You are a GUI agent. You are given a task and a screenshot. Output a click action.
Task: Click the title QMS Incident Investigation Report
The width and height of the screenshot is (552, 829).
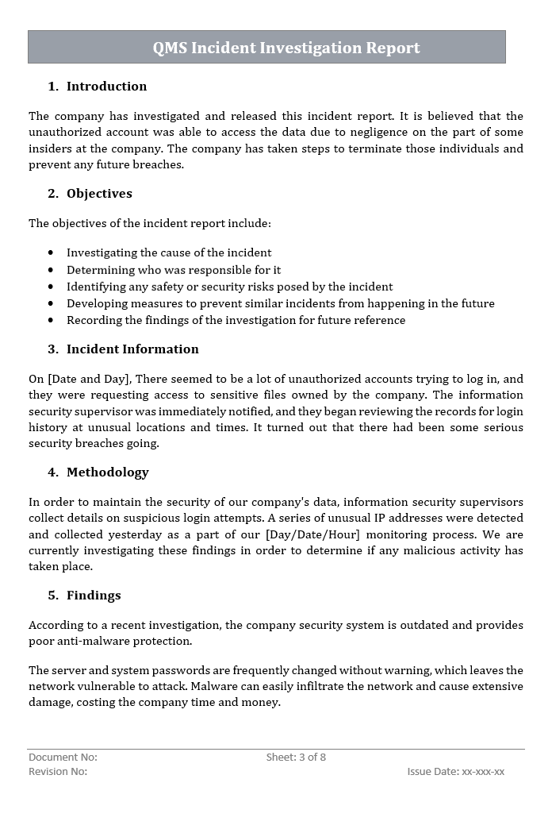tap(286, 48)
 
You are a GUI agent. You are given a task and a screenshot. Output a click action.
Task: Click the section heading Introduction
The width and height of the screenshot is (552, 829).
tap(106, 86)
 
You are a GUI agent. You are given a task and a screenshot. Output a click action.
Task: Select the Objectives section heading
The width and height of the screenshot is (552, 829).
tap(99, 193)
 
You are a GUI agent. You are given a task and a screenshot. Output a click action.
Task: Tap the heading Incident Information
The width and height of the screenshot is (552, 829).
tap(132, 349)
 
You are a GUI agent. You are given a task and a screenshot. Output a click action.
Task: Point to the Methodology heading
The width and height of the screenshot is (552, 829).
tap(107, 472)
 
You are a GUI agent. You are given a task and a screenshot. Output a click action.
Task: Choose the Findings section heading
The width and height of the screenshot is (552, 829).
tap(94, 595)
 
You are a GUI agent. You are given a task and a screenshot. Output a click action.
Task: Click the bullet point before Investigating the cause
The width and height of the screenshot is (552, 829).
tap(51, 253)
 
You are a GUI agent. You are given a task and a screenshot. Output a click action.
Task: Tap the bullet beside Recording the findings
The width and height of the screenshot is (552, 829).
tap(51, 320)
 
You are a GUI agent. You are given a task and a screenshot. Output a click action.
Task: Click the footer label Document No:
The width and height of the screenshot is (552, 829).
tap(63, 758)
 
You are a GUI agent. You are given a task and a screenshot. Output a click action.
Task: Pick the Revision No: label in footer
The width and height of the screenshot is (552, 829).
tap(58, 772)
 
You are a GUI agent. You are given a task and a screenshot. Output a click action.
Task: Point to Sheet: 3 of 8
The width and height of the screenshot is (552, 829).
tap(296, 758)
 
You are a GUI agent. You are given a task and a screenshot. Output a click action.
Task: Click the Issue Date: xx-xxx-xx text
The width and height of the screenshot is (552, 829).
tap(456, 772)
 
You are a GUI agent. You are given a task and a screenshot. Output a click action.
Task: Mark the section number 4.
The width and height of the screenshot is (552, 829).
tap(53, 472)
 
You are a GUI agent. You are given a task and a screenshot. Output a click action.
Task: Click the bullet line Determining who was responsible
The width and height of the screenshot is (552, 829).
tap(174, 269)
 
